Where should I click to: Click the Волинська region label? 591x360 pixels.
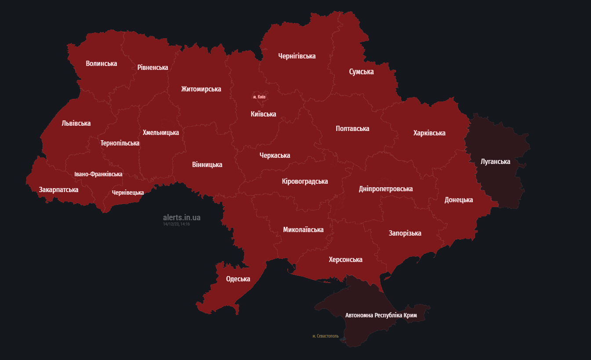[101, 64]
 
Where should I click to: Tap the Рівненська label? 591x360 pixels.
[152, 68]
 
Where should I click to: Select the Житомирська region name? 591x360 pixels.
[201, 89]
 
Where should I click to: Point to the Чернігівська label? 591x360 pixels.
[297, 56]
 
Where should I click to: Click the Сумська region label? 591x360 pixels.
[361, 72]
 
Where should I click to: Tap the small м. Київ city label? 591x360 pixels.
[259, 97]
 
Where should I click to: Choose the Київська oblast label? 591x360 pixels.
[263, 114]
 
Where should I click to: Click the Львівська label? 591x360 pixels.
[76, 124]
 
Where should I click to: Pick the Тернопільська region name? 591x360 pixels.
[120, 143]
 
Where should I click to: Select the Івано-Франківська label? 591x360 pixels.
[98, 175]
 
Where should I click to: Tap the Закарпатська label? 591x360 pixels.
[58, 190]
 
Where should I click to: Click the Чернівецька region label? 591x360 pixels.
[127, 193]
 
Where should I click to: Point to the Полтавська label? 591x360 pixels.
[352, 129]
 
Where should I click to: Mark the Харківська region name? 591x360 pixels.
[429, 133]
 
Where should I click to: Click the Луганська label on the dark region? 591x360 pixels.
[495, 162]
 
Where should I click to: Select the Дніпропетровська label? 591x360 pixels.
[385, 189]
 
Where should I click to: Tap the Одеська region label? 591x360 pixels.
[238, 279]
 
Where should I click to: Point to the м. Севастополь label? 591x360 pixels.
[325, 336]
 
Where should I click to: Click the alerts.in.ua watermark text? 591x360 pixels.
[181, 218]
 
